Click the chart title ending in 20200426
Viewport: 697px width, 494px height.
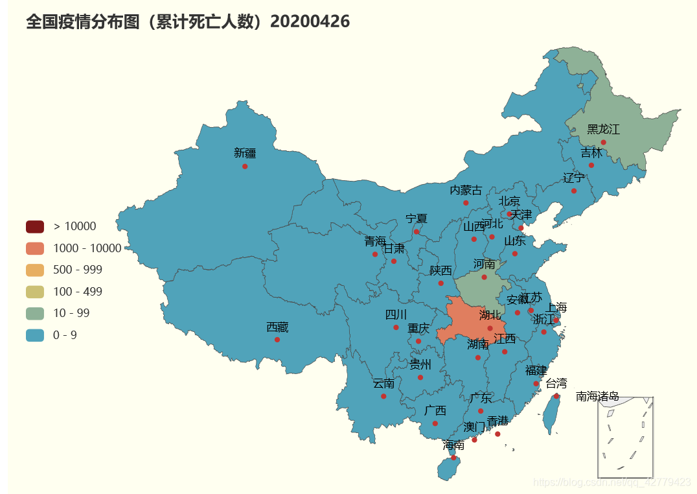coord(188,22)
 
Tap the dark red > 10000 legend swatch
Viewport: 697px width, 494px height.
coord(35,226)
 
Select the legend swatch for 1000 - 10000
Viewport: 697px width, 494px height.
coord(35,248)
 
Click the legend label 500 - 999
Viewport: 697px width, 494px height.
coord(78,270)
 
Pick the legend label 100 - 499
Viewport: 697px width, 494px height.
coord(78,292)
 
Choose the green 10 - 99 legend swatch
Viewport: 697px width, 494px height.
coord(35,313)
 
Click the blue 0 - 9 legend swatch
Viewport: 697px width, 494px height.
coord(35,335)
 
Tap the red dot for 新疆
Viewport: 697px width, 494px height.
coord(245,167)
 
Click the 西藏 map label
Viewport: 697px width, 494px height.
coord(277,327)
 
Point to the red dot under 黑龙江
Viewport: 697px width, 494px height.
coord(603,142)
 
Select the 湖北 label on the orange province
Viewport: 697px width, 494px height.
coord(490,316)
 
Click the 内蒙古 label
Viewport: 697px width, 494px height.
coord(466,191)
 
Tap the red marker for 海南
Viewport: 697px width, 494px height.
coord(453,458)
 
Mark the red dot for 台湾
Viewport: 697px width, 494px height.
coord(556,396)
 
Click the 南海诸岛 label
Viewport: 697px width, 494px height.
coord(597,396)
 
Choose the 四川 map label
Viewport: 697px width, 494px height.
coord(396,315)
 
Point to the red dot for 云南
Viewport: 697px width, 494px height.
coord(383,396)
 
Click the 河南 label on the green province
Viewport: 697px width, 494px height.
coord(484,265)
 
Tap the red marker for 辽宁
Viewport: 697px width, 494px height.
coord(574,191)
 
